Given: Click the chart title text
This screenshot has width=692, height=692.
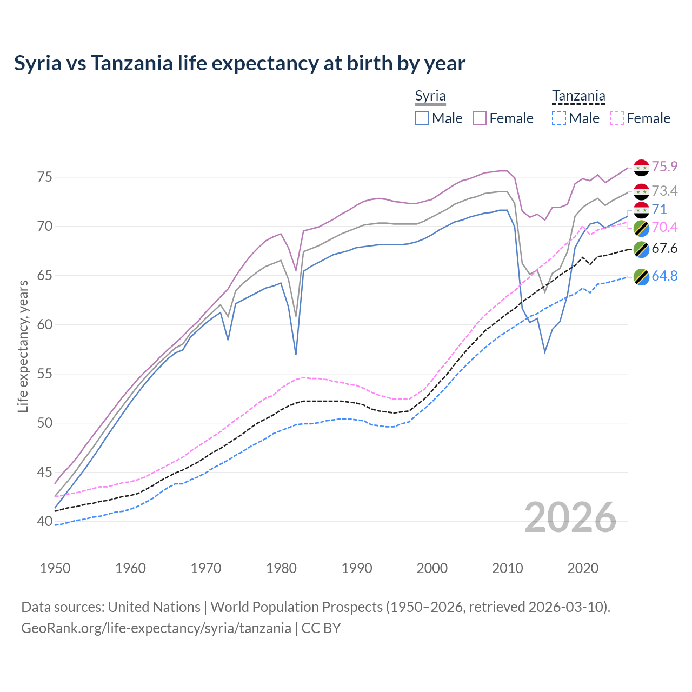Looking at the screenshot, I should coord(239,63).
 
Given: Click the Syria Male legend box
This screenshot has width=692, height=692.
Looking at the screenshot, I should coord(422,118).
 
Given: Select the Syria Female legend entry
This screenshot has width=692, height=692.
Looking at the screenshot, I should coord(503,118).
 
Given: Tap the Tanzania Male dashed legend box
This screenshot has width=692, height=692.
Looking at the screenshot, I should coord(559,118).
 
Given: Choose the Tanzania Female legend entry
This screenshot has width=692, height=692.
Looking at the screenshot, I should coord(640,118).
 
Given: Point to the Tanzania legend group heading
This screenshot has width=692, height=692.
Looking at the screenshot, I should coord(578,96).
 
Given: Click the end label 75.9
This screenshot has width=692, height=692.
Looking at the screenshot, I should coord(664,167).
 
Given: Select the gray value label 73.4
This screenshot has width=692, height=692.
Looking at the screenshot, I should coord(664,191).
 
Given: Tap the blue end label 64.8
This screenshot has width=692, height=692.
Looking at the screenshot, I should coord(664,276).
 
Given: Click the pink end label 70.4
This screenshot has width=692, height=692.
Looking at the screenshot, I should coord(664,227).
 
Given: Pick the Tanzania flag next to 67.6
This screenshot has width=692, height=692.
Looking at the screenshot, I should coord(641,249).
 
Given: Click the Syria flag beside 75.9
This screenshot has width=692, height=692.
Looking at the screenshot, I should coord(641,167).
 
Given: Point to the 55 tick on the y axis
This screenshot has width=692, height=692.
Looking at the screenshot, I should coord(45,374).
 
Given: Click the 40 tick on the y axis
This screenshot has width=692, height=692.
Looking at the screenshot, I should coord(45,522).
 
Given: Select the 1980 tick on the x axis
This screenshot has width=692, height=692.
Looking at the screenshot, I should coord(281,568).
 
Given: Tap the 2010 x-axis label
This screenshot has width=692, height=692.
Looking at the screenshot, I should coord(508,568).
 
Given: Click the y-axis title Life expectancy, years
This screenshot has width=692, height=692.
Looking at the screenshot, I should coord(23,346).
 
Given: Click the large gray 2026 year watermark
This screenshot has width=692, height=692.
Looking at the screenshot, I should coord(570,517).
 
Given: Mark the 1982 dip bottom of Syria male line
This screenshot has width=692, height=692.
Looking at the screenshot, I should coord(296,354).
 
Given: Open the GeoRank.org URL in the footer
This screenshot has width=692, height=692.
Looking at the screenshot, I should coord(156,628).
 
